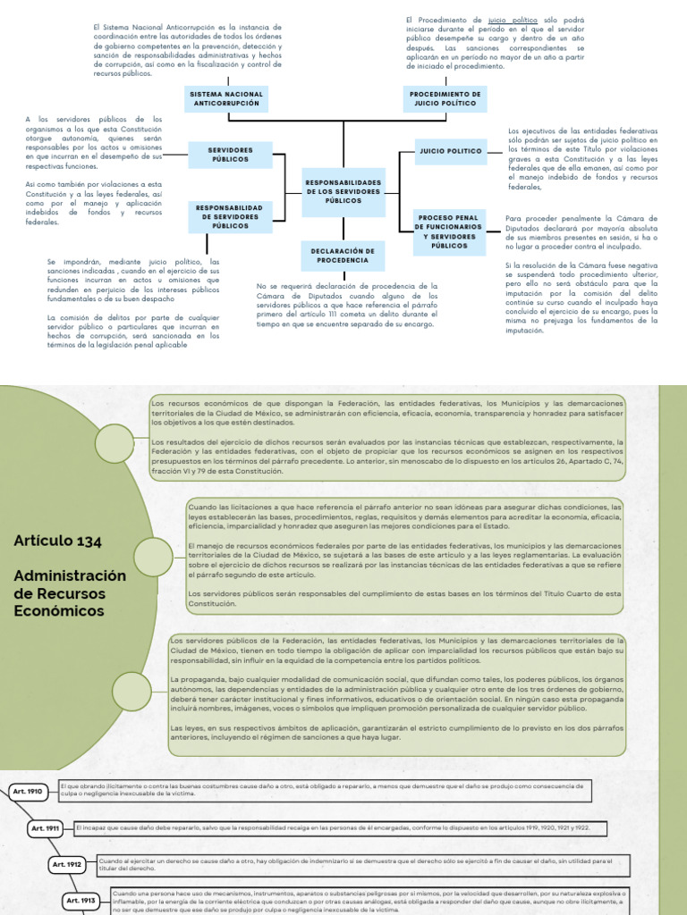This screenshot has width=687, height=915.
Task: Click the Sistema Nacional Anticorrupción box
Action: click(x=226, y=98)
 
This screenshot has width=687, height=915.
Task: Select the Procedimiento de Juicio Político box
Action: click(x=445, y=98)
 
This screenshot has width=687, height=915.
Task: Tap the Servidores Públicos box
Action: click(x=230, y=155)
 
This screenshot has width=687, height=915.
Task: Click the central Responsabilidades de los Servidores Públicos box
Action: click(x=343, y=191)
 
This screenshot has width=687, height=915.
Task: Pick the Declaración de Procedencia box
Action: click(x=342, y=255)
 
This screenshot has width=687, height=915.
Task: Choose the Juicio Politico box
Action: click(x=450, y=151)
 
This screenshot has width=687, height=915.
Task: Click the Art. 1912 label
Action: click(x=67, y=864)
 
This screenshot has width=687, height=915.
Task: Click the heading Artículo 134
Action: click(x=57, y=541)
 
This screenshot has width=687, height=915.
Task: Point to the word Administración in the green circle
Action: click(x=69, y=575)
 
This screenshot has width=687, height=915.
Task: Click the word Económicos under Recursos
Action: click(x=58, y=611)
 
